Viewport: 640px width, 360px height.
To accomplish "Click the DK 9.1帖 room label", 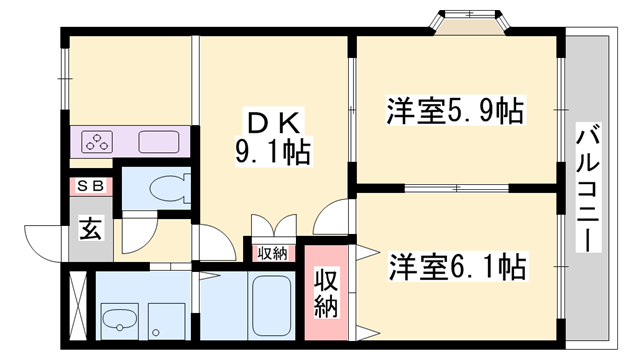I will pyautogui.click(x=267, y=139).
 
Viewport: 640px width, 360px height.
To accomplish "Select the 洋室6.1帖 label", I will pyautogui.click(x=456, y=267).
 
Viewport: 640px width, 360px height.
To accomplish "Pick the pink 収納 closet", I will pyautogui.click(x=327, y=291).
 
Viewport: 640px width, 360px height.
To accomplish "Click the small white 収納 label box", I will pyautogui.click(x=272, y=253).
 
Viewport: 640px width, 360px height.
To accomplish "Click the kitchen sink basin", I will pyautogui.click(x=157, y=142).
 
